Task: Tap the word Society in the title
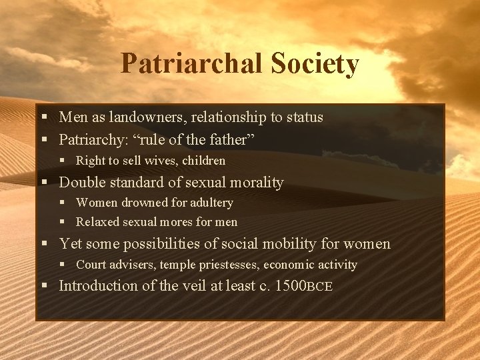coord(315,64)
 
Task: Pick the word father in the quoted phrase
coord(232,140)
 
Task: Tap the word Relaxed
coord(98,222)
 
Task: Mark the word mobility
coord(271,244)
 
